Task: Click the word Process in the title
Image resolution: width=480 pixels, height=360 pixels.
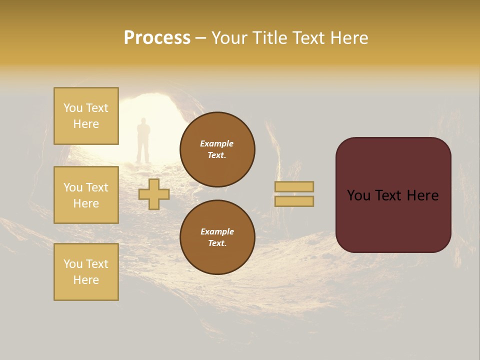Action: click(x=157, y=38)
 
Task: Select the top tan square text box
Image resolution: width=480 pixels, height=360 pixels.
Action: click(x=86, y=116)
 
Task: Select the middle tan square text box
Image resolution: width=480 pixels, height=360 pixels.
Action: click(x=86, y=195)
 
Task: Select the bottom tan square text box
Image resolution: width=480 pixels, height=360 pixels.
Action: click(x=86, y=272)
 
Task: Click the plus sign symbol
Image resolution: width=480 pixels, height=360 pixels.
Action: click(x=154, y=194)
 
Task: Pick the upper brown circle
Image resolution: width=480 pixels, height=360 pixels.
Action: click(x=217, y=149)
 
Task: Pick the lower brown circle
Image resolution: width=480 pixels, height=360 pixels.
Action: click(x=217, y=237)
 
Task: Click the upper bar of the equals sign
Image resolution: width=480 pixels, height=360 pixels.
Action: click(x=294, y=186)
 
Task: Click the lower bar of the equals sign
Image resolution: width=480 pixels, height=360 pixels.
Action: click(x=294, y=201)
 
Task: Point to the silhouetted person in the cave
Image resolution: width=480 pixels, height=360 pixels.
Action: click(x=143, y=140)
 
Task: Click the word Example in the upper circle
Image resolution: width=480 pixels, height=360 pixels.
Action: click(x=216, y=143)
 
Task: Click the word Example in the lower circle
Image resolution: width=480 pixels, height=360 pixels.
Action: click(x=217, y=231)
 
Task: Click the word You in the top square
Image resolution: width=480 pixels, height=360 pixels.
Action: click(x=73, y=108)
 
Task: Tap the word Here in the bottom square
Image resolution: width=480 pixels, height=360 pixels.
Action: click(x=86, y=280)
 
